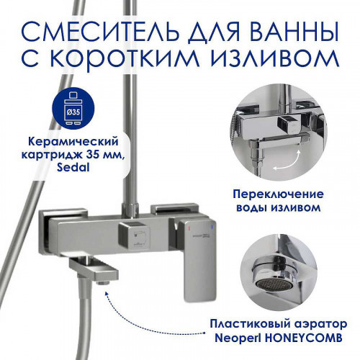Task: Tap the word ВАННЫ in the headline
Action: click(294, 31)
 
